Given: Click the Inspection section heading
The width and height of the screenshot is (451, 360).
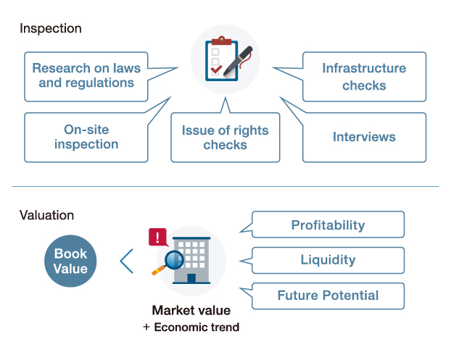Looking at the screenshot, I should click(51, 29).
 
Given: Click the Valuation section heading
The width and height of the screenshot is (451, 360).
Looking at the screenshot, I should click(47, 215).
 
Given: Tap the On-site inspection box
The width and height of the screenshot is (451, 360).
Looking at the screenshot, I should click(86, 137).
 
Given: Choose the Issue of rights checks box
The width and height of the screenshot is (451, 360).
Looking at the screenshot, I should click(225, 138).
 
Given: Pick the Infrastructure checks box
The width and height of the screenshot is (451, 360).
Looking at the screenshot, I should click(364, 77).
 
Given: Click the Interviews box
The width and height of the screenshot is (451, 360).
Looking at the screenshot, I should click(364, 137).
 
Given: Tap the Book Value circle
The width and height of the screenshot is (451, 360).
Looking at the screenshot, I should click(70, 261).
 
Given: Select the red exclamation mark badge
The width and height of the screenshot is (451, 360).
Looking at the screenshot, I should click(157, 238).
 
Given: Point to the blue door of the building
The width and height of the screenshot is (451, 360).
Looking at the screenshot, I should click(191, 278).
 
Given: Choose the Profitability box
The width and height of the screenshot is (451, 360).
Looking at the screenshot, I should click(328, 225).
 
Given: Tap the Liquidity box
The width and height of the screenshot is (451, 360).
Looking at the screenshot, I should click(328, 260).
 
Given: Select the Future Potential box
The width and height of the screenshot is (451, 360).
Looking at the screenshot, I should click(328, 295).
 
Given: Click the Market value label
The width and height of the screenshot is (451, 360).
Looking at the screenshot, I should click(191, 311).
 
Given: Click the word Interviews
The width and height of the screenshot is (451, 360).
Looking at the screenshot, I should click(364, 137).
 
